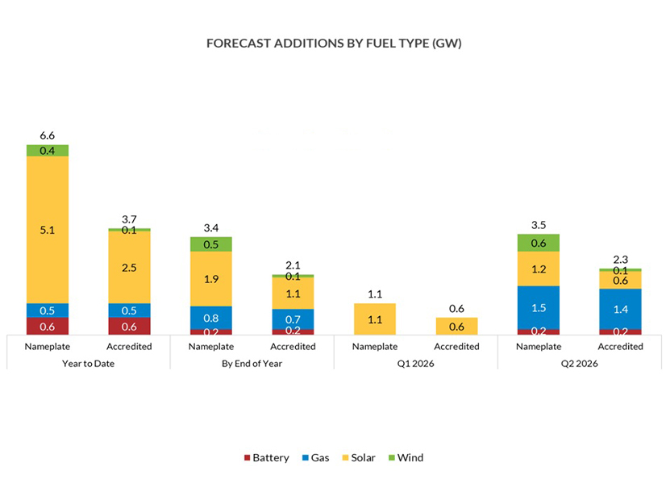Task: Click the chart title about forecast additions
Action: click(x=333, y=43)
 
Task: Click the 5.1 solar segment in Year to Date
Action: click(x=48, y=230)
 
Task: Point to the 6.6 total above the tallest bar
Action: click(x=48, y=136)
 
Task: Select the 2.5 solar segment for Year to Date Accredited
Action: click(x=129, y=266)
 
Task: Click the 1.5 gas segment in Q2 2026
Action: click(x=539, y=307)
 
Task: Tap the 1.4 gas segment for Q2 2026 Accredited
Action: click(x=620, y=309)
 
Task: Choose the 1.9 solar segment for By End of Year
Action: click(x=210, y=278)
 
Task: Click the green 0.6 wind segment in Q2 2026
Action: click(x=539, y=243)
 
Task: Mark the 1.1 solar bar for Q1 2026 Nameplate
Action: click(x=375, y=319)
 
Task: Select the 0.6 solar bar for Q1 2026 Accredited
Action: click(x=456, y=326)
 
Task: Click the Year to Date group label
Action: click(x=89, y=363)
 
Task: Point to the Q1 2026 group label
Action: click(x=415, y=363)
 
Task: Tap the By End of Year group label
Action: click(x=252, y=363)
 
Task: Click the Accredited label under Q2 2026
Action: click(x=620, y=346)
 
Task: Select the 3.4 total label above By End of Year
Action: click(x=210, y=228)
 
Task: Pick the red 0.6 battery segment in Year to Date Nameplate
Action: click(x=48, y=326)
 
